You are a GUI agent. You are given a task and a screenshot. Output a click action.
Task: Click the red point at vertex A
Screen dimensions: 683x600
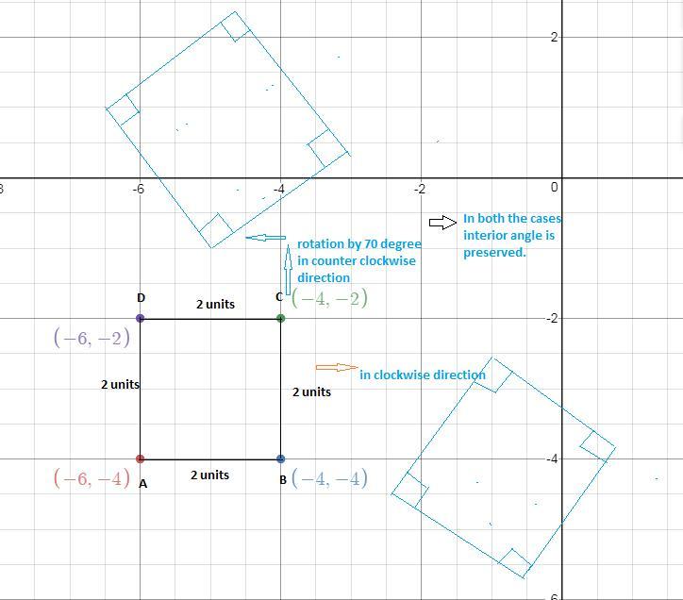click(140, 458)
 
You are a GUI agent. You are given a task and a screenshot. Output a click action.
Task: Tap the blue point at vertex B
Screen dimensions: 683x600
click(280, 458)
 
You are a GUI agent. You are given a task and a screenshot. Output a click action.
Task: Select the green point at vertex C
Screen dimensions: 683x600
click(280, 318)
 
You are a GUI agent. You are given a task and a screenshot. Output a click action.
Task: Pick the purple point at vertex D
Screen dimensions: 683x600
click(140, 318)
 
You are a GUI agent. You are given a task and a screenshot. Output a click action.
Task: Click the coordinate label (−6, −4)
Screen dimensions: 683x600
click(92, 478)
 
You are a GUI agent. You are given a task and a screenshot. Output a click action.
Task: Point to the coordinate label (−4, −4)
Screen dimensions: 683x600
click(330, 478)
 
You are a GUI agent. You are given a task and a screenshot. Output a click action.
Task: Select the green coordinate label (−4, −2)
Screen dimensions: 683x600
click(330, 298)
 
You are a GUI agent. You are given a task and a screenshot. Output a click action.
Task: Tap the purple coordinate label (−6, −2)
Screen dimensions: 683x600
click(92, 337)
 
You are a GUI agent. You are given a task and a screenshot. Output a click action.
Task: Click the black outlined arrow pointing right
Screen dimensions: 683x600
click(443, 223)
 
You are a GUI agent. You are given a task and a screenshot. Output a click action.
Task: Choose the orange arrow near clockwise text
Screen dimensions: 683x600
click(337, 367)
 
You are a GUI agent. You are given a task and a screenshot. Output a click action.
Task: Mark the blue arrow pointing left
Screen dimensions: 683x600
click(266, 238)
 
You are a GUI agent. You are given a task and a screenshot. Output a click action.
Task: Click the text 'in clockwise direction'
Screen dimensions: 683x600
click(422, 375)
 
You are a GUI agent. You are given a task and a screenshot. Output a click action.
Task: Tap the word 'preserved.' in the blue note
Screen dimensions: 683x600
click(494, 252)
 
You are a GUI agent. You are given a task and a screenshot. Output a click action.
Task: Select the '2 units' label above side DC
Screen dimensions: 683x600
click(215, 304)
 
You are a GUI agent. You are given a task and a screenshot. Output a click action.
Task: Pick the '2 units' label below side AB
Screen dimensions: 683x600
click(209, 475)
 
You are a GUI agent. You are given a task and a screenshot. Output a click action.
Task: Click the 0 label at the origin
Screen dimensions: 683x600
click(554, 188)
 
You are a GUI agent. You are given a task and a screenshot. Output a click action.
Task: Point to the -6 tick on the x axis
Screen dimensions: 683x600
click(138, 189)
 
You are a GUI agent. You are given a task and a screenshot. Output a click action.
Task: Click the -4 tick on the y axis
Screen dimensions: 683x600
click(552, 458)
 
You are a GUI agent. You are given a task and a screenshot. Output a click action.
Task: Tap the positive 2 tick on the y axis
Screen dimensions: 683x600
click(554, 37)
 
